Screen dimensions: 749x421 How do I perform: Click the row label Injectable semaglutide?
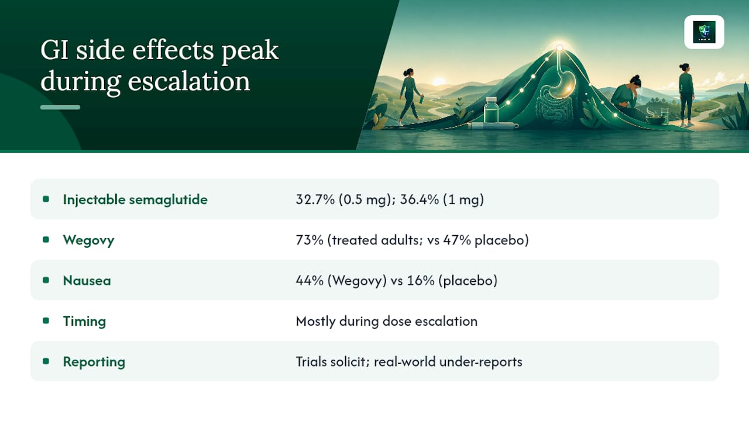click(135, 199)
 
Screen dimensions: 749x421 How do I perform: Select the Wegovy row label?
click(88, 240)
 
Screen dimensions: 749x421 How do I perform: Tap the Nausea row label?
click(87, 280)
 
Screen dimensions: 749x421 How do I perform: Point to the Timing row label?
click(84, 321)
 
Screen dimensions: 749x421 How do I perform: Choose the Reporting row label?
click(94, 362)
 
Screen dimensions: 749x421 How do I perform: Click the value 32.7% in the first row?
click(315, 199)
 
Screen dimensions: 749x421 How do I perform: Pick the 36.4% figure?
click(420, 199)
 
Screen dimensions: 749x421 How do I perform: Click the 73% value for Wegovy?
click(310, 240)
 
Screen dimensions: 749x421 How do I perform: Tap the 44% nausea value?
click(310, 280)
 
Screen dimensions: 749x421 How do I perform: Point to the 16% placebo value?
click(421, 280)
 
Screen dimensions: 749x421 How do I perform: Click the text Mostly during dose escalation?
click(387, 321)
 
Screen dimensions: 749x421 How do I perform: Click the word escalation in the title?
click(188, 81)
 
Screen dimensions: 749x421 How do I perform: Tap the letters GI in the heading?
click(55, 50)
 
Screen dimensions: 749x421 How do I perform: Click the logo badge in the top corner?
click(704, 32)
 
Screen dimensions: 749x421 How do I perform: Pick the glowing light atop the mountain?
click(559, 48)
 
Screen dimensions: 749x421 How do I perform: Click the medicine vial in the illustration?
click(491, 111)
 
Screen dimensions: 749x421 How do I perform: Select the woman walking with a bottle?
click(410, 96)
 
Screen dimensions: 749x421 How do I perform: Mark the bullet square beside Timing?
click(46, 321)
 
